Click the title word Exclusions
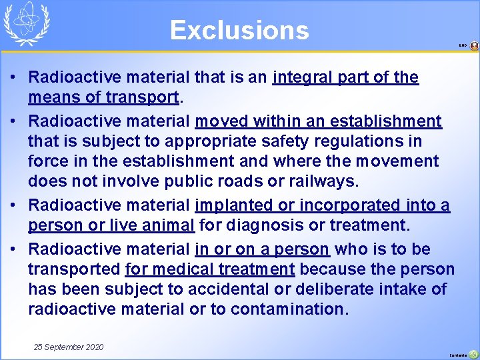(x=239, y=31)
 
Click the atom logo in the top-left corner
(x=27, y=24)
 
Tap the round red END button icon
(x=474, y=46)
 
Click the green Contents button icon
(x=473, y=354)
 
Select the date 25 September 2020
(x=69, y=347)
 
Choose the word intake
(x=420, y=289)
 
